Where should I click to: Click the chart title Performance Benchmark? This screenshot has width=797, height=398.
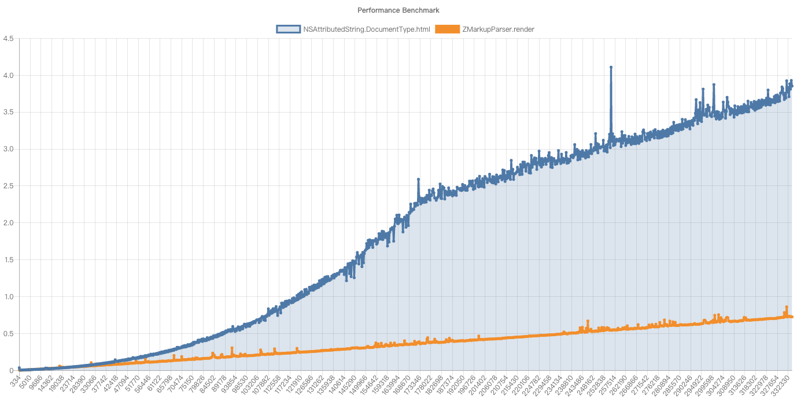[x=398, y=10]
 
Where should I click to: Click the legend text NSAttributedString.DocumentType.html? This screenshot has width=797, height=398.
[x=366, y=29]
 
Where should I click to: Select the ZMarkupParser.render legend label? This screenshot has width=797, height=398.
[x=497, y=29]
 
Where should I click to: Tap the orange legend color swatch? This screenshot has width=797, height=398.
[x=447, y=29]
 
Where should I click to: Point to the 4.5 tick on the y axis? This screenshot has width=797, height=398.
[x=9, y=39]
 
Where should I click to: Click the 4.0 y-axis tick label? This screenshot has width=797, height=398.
[x=9, y=76]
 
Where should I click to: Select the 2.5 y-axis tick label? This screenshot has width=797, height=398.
[x=9, y=186]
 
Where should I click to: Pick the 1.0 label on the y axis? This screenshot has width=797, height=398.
[x=9, y=297]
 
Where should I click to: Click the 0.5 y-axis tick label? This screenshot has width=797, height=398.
[x=9, y=334]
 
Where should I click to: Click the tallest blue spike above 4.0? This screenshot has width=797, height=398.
[x=611, y=68]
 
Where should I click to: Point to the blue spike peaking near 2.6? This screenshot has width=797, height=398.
[x=418, y=180]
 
